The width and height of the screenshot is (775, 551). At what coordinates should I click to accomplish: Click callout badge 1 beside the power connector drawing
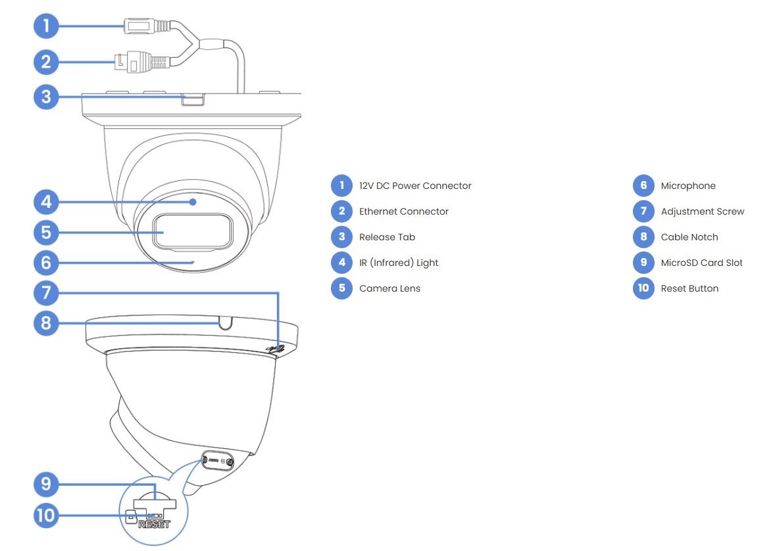coord(46,27)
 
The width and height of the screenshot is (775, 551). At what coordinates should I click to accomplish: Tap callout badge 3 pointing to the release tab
coord(46,97)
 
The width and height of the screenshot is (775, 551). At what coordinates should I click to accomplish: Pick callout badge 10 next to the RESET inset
coord(46,515)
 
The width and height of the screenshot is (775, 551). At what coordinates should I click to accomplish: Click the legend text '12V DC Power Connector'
coord(415,186)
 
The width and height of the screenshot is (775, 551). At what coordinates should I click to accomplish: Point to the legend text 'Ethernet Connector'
coord(403,211)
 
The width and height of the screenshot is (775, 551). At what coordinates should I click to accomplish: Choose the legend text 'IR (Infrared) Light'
coord(399,263)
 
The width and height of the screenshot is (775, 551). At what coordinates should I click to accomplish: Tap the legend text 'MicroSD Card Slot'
coord(701,263)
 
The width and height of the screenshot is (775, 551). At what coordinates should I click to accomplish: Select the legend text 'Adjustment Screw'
coord(703,211)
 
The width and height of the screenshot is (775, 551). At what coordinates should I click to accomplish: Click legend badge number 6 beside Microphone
coord(643,186)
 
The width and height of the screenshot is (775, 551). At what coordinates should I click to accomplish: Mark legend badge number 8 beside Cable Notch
coord(643,237)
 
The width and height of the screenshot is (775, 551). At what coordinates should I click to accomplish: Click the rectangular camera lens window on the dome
coord(191,232)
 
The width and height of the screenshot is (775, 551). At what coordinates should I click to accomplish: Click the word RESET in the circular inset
coord(155,524)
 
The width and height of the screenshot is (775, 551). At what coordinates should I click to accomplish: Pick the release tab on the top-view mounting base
coord(193,99)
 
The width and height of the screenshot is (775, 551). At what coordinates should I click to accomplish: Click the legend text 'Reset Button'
coord(689,288)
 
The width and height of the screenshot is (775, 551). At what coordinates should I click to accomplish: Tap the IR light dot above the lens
coord(193,201)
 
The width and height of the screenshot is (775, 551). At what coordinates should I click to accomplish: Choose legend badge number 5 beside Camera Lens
coord(341,288)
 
